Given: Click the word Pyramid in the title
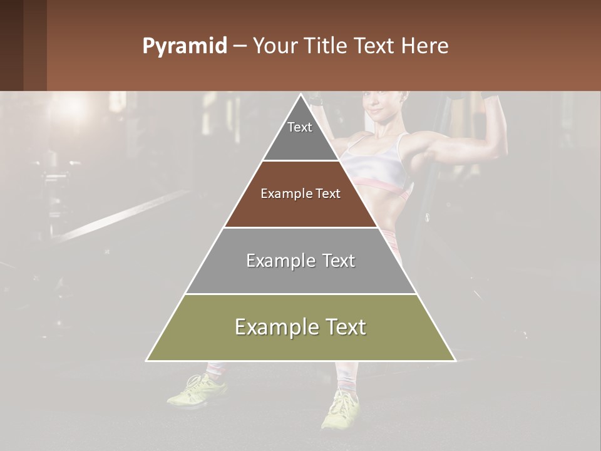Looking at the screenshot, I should [x=184, y=46].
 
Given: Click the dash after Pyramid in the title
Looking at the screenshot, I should [x=239, y=46].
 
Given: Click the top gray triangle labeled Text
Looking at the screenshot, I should [x=300, y=134].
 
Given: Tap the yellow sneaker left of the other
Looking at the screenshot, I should [x=197, y=389].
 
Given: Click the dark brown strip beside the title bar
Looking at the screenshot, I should [x=23, y=45].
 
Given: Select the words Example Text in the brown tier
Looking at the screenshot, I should [x=300, y=194].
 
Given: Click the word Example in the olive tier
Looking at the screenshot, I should [x=273, y=328].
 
